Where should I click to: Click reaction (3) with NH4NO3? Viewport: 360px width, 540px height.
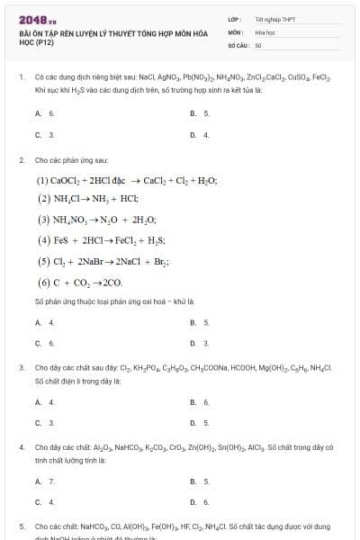tap(94, 219)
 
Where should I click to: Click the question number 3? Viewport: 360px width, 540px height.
tap(22, 368)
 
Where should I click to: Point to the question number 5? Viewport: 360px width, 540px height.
tap(22, 526)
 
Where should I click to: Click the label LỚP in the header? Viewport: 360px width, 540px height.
tap(234, 18)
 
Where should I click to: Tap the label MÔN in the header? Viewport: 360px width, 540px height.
tap(235, 31)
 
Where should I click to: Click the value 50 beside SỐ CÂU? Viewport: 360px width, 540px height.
tap(258, 43)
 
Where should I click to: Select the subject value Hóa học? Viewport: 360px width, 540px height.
tap(264, 31)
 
